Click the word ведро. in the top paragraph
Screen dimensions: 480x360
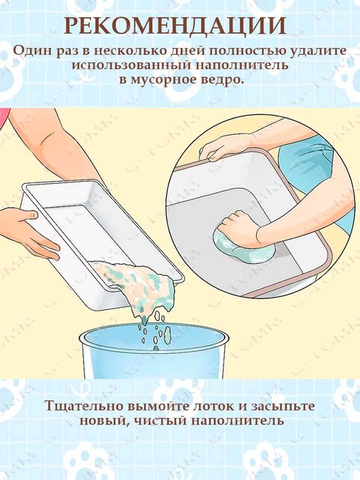[223, 81]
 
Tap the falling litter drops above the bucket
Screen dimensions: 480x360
[154, 329]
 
